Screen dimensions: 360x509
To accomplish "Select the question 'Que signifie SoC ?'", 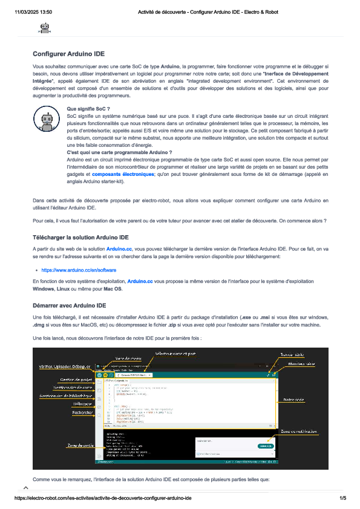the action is coord(88,108).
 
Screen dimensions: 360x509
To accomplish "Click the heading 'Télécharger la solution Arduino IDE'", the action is coord(80,238).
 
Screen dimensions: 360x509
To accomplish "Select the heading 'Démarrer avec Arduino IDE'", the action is coord(70,305).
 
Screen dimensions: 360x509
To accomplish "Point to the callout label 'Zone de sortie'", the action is coord(79,446).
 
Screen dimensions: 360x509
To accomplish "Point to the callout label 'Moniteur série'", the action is coord(302,364).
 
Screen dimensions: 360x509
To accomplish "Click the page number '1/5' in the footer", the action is coord(342,498).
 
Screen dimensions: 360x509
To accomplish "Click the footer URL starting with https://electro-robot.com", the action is coord(103,498).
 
